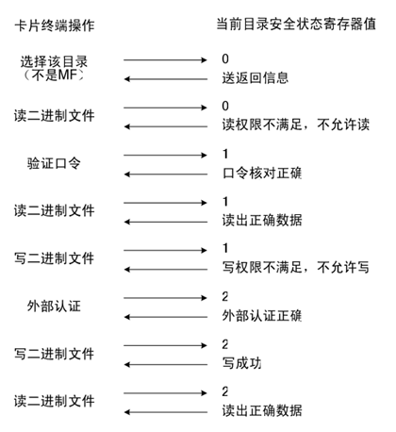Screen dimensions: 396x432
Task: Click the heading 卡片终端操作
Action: (x=55, y=25)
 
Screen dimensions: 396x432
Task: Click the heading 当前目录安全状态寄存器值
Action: (x=296, y=25)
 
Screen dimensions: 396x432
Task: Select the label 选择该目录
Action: (x=54, y=61)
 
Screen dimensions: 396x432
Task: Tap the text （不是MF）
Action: (x=54, y=75)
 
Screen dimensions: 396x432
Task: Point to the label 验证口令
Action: (x=54, y=163)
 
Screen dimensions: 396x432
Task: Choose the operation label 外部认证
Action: (x=54, y=306)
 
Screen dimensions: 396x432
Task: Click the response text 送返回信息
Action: (x=256, y=78)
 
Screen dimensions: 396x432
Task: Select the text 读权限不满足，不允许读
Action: (x=296, y=125)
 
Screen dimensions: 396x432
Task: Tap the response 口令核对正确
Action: (x=262, y=173)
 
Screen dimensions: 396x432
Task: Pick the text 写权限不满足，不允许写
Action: (x=296, y=268)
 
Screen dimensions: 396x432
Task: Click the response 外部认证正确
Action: (x=262, y=316)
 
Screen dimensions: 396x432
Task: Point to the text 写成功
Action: (x=241, y=363)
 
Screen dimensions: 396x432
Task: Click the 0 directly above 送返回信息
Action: (x=225, y=59)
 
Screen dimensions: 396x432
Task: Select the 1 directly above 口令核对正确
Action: (x=225, y=154)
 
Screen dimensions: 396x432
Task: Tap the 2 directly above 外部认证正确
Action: (x=225, y=297)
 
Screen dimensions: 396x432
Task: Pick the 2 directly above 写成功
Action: (x=225, y=344)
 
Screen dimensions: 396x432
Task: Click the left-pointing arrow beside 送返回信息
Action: (x=166, y=79)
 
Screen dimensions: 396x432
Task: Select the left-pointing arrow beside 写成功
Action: (x=166, y=365)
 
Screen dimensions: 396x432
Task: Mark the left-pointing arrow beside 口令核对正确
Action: (x=166, y=174)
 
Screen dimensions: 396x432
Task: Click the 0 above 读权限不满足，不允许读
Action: (x=225, y=107)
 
